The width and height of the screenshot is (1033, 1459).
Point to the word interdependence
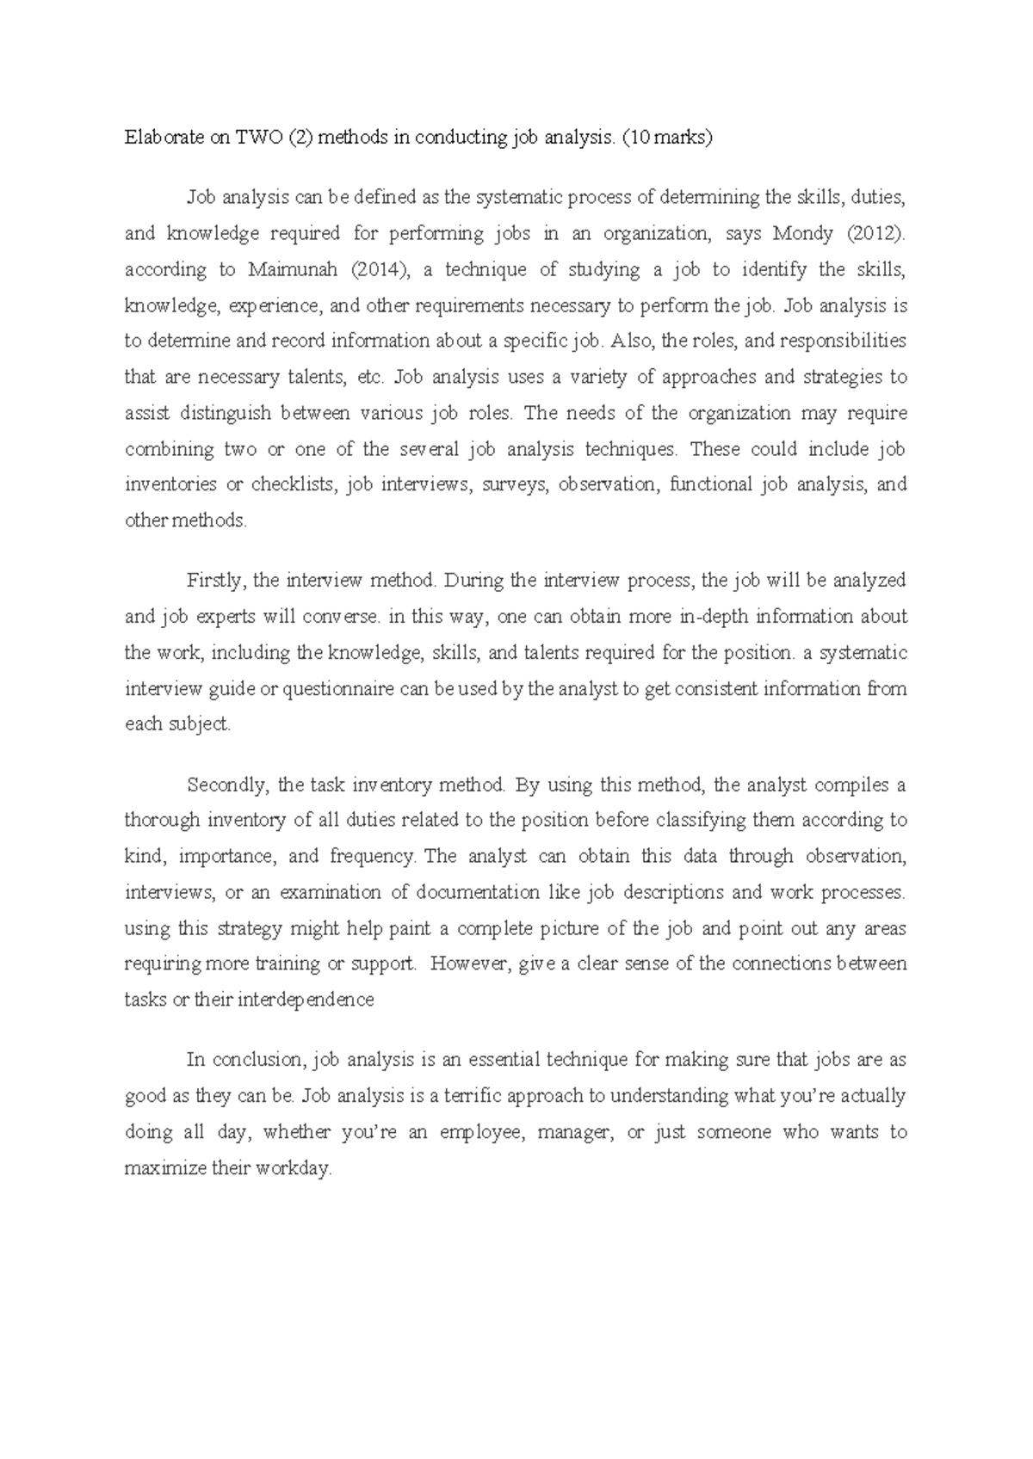point(306,1000)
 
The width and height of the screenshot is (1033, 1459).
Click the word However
point(471,964)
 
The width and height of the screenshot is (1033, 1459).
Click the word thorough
point(163,821)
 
